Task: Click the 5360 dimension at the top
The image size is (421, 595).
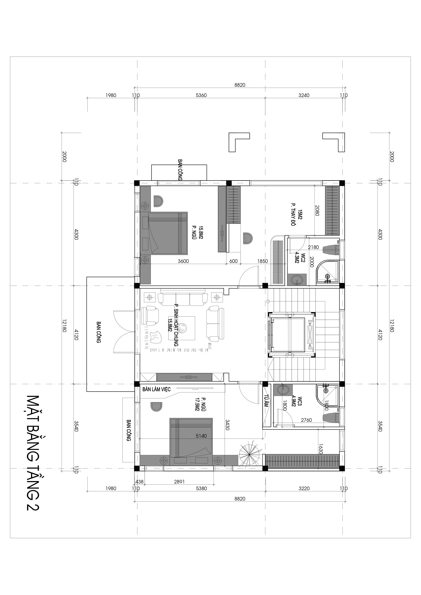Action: pyautogui.click(x=201, y=95)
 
